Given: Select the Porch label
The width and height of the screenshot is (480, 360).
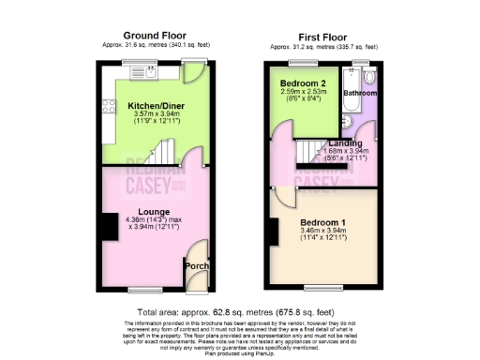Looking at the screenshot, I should pyautogui.click(x=196, y=266).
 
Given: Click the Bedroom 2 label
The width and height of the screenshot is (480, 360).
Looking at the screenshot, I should pyautogui.click(x=302, y=83).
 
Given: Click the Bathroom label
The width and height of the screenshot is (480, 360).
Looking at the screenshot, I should pyautogui.click(x=358, y=95).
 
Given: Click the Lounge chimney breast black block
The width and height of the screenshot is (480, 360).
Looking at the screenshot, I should pyautogui.click(x=109, y=226).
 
